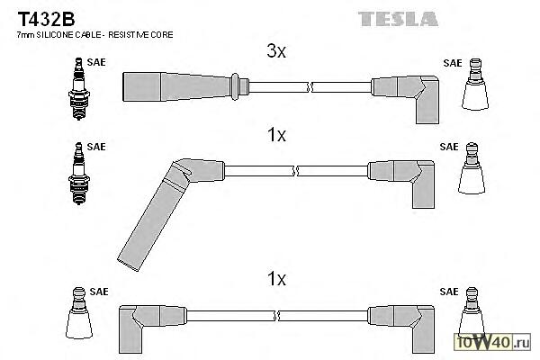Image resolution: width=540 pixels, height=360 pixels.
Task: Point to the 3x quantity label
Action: coord(276,52)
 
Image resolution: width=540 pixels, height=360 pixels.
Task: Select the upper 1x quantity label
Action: coord(276,136)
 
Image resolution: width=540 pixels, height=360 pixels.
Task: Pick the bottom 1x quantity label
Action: coord(276,279)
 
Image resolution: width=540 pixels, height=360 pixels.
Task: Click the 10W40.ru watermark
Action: coord(494,342)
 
